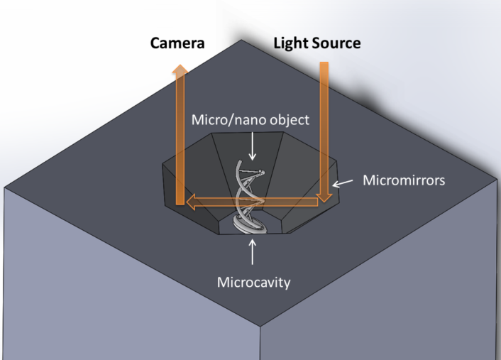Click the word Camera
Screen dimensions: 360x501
point(177,43)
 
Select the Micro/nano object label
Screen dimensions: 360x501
point(250,119)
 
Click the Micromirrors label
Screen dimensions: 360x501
point(404,180)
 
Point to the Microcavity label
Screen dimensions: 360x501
point(253,282)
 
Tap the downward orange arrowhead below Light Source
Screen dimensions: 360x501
point(324,196)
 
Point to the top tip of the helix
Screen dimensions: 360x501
point(262,172)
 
